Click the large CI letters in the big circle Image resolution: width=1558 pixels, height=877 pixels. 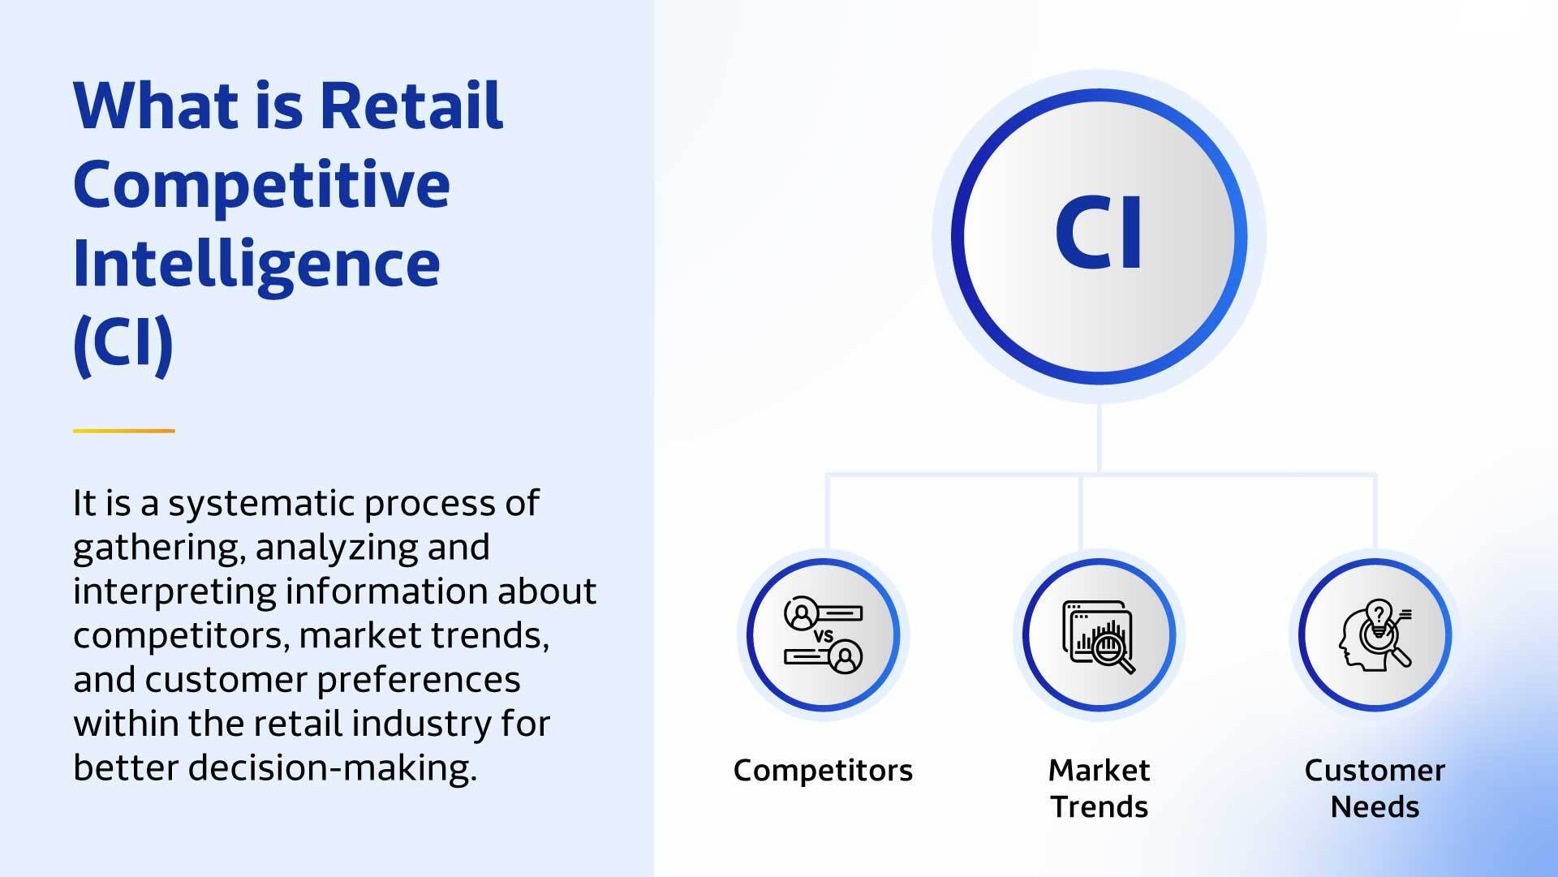click(x=1099, y=233)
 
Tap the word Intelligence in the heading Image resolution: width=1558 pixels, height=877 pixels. click(x=256, y=264)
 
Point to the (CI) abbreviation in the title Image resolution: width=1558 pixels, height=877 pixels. click(x=123, y=342)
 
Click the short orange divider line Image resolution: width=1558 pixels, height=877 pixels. click(x=123, y=431)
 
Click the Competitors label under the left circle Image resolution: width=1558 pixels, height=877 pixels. click(x=823, y=770)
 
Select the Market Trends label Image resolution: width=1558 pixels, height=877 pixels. click(x=1099, y=788)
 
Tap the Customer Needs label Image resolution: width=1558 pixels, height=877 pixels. click(x=1375, y=788)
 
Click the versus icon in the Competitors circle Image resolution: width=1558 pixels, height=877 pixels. click(x=823, y=635)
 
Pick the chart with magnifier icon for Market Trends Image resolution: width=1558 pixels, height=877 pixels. click(x=1099, y=635)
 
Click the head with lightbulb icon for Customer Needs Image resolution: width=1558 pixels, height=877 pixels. click(x=1375, y=635)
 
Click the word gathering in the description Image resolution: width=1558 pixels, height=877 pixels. click(x=158, y=548)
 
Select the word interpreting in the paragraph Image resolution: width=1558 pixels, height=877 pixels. click(x=174, y=592)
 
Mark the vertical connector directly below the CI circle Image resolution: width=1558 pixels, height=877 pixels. click(x=1099, y=438)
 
